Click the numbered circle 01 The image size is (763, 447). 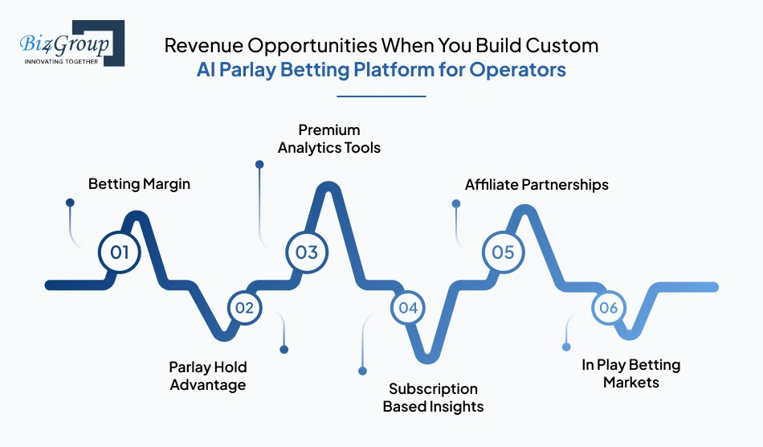coord(120,252)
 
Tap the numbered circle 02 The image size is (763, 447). coord(244,307)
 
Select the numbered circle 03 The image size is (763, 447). coord(307,252)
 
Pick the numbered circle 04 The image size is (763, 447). coord(408,307)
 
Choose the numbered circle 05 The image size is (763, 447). coord(503,252)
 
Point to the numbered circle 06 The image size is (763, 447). coord(608,307)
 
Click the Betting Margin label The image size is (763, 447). coord(139,184)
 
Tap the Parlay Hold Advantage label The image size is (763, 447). coord(207,376)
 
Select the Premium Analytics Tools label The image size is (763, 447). coord(329,138)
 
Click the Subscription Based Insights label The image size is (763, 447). coord(433,397)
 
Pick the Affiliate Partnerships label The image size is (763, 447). coord(537,185)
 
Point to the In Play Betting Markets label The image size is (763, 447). coord(630,374)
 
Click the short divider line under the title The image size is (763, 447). coord(381,96)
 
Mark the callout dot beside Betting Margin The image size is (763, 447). coord(70,204)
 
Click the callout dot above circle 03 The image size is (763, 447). coord(259,164)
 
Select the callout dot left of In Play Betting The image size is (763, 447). coord(566,347)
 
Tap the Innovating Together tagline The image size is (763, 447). coord(61,61)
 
